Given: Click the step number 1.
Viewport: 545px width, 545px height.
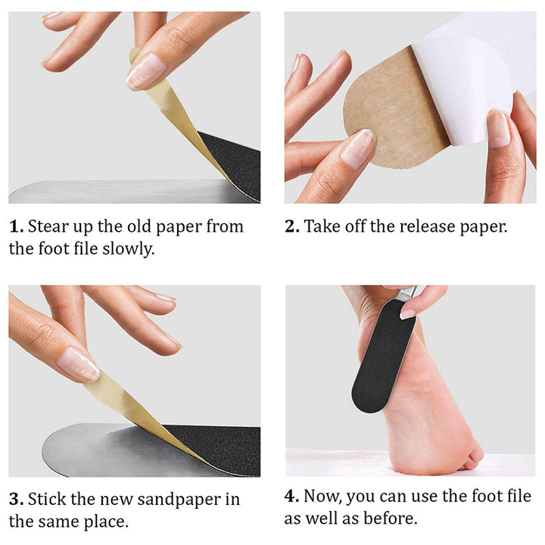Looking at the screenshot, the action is point(16,226).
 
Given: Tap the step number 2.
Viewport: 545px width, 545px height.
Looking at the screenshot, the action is point(291,226).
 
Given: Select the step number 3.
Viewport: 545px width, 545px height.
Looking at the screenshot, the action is point(16,500).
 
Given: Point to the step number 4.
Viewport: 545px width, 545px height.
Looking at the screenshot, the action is point(291,496).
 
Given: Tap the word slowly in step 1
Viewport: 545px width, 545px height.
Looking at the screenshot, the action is point(128,249).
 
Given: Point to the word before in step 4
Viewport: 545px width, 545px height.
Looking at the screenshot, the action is point(390,519).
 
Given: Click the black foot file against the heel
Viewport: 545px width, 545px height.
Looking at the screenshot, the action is point(383,357).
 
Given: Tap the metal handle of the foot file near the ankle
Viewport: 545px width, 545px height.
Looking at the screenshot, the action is point(406,294).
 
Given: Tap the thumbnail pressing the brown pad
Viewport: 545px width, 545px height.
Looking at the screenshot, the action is point(358,148).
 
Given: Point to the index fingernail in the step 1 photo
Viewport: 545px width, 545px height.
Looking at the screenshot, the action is point(146,71).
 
